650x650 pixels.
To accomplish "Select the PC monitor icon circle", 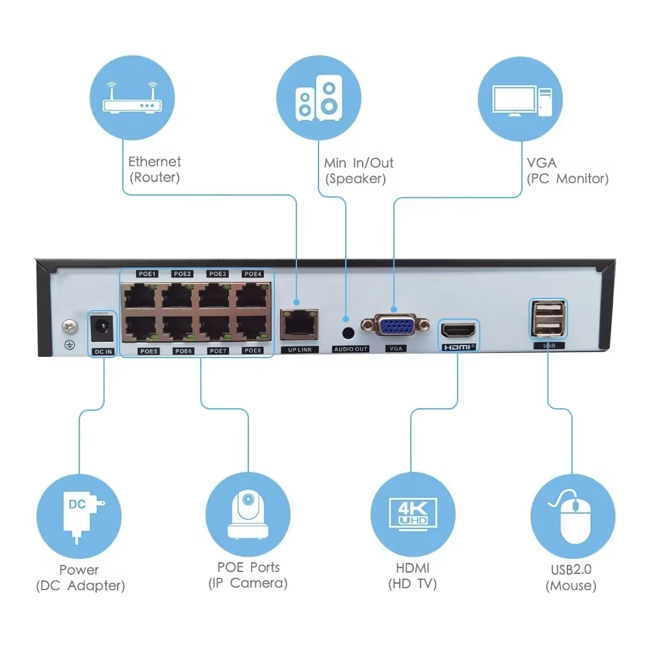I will coord(520,99).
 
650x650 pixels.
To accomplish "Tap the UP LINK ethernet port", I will coord(299,323).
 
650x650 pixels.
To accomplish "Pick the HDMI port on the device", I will coord(458,330).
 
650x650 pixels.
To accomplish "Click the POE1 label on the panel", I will coord(148,274).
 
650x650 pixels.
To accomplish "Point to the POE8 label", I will coord(252,351).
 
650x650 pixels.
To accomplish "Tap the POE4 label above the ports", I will coord(252,274).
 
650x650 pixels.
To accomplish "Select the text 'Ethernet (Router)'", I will coord(155,169).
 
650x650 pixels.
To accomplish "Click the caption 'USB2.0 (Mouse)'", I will coord(571,577).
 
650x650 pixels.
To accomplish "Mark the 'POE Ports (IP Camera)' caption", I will coord(248,575).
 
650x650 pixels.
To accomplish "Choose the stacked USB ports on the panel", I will coord(548,318).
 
